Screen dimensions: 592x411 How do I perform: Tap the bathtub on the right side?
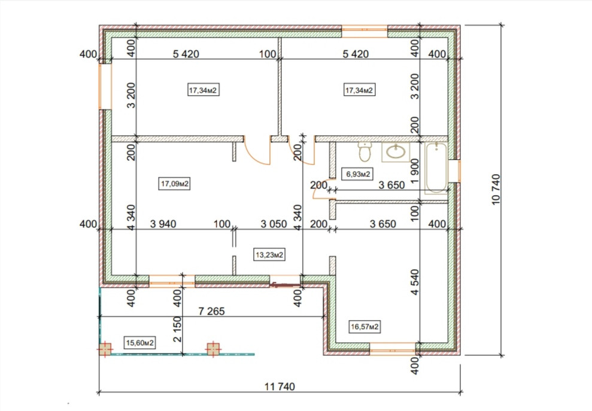[x=436, y=168]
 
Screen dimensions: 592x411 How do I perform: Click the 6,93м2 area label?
[x=357, y=174]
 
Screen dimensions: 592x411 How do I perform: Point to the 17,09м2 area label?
[x=174, y=184]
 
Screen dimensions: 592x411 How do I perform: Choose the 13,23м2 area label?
[x=269, y=255]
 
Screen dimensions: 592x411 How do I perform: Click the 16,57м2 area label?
[x=365, y=326]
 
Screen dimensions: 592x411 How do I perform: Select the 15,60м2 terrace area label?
[x=140, y=343]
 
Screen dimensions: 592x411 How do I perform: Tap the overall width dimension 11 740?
[x=279, y=386]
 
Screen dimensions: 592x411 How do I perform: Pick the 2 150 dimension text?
[x=177, y=329]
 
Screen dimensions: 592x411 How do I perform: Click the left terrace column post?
[x=105, y=349]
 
